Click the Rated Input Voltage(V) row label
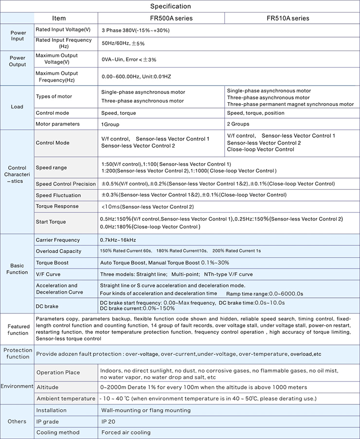click(x=63, y=30)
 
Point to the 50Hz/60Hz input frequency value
click(x=123, y=43)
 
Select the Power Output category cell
click(x=18, y=61)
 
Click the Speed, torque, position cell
click(x=254, y=113)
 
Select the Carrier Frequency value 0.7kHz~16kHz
click(x=118, y=240)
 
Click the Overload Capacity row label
click(x=59, y=251)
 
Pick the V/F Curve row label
click(x=48, y=274)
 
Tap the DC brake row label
click(x=47, y=306)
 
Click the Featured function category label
click(x=18, y=329)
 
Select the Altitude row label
click(x=47, y=387)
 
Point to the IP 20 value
click(x=108, y=421)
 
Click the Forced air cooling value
click(x=126, y=432)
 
